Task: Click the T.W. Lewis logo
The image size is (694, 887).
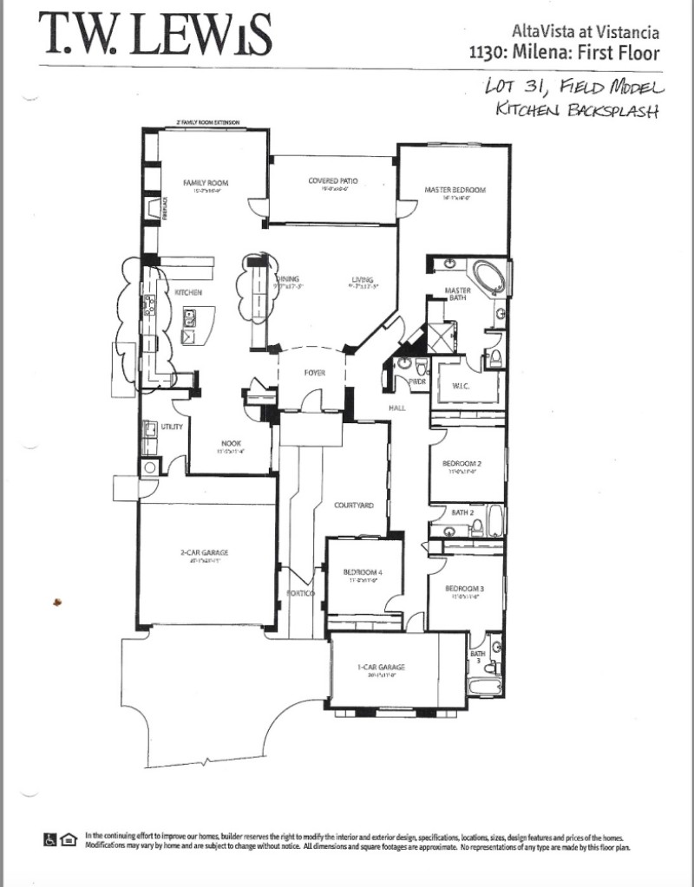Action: pos(156,36)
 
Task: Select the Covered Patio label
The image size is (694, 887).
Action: pos(333,181)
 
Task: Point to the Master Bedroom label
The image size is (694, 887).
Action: pos(455,189)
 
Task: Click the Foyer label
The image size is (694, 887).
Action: pos(314,372)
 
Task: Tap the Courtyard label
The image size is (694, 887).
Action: pos(354,505)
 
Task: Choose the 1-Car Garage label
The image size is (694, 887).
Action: pos(382,667)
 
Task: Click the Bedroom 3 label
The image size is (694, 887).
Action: pos(464,588)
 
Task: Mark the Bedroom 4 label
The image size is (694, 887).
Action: pos(359,572)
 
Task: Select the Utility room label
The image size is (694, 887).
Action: pos(171,427)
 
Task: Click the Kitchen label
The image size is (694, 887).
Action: pos(188,293)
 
